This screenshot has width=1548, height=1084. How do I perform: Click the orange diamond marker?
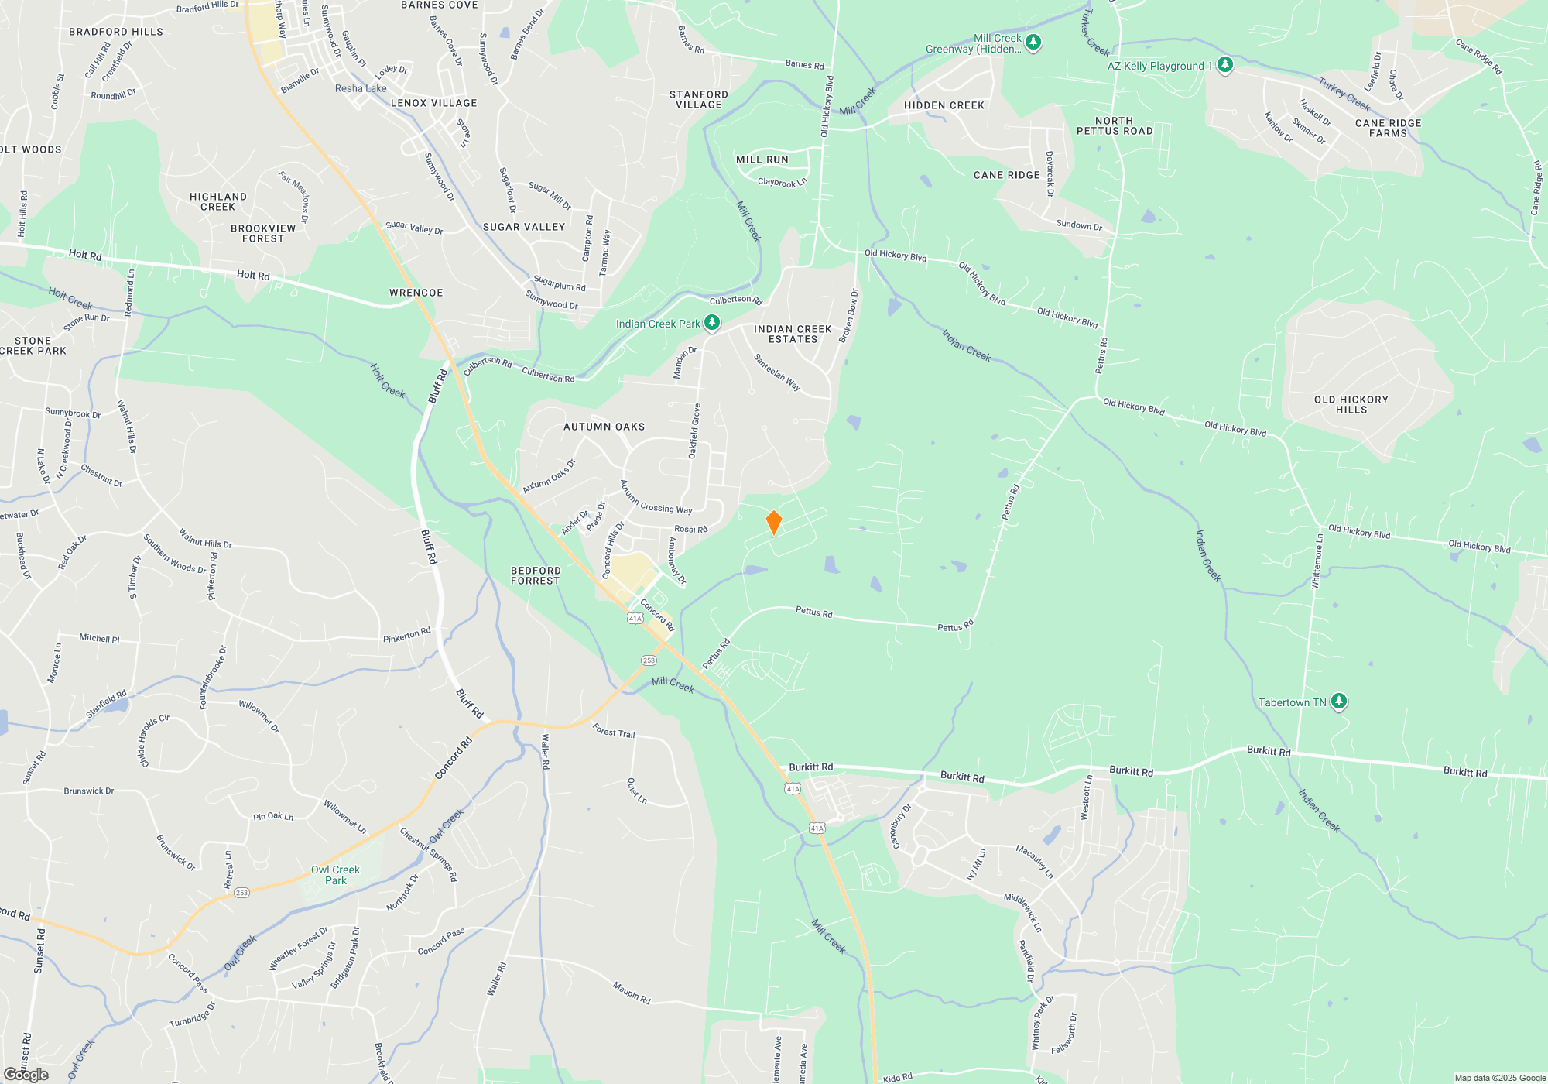[x=773, y=523]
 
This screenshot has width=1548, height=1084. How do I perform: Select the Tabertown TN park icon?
[x=1339, y=702]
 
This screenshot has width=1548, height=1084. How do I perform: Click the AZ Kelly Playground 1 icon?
[x=1224, y=65]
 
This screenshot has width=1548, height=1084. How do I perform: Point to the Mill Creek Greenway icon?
[x=1033, y=42]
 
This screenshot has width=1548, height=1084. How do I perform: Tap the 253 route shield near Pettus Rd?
[x=649, y=660]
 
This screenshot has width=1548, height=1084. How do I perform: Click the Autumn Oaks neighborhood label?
[x=604, y=427]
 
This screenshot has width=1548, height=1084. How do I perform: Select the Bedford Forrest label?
[x=535, y=575]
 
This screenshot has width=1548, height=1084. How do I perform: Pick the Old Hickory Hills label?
[x=1351, y=404]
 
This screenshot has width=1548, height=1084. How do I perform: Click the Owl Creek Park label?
[x=335, y=875]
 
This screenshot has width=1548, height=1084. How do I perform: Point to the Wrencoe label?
[x=416, y=293]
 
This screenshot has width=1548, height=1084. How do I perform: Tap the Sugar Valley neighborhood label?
[x=524, y=227]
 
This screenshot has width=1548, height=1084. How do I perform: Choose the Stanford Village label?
[x=698, y=99]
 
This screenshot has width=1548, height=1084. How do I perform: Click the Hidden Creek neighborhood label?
[x=944, y=105]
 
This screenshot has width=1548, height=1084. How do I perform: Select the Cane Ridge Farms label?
[x=1388, y=128]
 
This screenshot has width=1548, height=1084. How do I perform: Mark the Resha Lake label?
[x=361, y=88]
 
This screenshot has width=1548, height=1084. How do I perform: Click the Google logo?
[x=26, y=1075]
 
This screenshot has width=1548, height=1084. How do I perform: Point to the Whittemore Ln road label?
[x=1317, y=561]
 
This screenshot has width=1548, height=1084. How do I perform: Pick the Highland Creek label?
[x=218, y=201]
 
